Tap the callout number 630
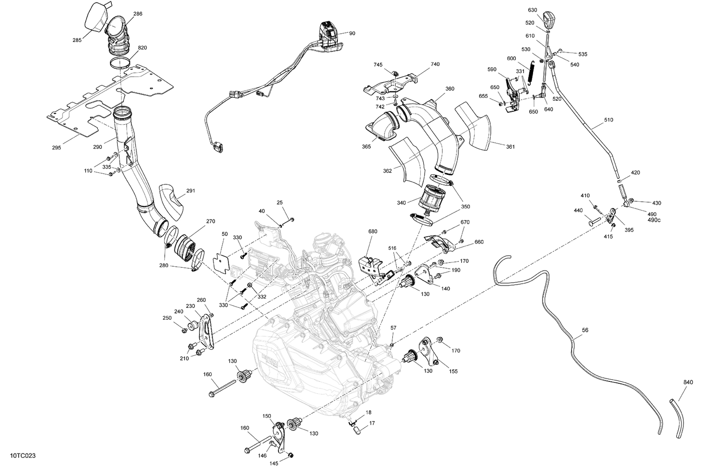[x=532, y=10]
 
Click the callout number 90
[x=352, y=33]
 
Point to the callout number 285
[x=77, y=40]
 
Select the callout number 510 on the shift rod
[x=608, y=120]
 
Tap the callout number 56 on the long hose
[x=585, y=330]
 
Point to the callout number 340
[x=401, y=202]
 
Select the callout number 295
[x=56, y=147]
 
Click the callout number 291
[x=190, y=191]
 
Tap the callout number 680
[x=373, y=231]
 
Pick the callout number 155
[x=453, y=371]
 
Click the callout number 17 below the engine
[x=372, y=424]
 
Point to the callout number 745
[x=378, y=65]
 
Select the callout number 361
[x=510, y=146]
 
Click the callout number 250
[x=167, y=318]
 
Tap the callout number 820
[x=142, y=48]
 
